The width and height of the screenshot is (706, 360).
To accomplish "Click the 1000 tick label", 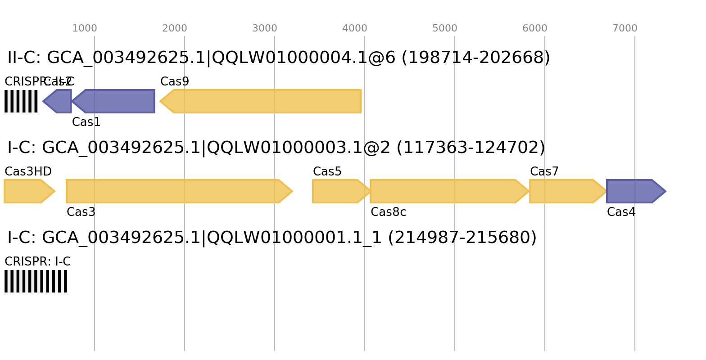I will (x=85, y=28).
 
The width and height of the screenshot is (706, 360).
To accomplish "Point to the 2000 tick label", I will (x=175, y=28).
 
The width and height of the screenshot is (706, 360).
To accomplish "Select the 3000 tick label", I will (x=265, y=28).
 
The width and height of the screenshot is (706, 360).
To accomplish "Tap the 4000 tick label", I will (x=355, y=28).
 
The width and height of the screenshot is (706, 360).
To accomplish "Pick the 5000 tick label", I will (x=445, y=28).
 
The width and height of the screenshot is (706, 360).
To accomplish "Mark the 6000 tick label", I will (x=535, y=28).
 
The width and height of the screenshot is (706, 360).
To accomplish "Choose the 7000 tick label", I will (x=625, y=28).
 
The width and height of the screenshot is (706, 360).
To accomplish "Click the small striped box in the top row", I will (x=21, y=101).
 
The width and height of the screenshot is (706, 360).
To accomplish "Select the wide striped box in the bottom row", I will (x=36, y=281).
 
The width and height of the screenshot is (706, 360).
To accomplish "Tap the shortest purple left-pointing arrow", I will (x=58, y=101).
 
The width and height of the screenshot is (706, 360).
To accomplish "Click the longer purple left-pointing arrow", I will (x=115, y=101).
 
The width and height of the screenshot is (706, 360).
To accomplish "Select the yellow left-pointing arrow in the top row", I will (x=261, y=101).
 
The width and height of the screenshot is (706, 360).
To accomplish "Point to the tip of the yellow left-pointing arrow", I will (x=159, y=101).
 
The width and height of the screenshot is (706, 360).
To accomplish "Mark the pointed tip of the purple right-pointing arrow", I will (x=666, y=191).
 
